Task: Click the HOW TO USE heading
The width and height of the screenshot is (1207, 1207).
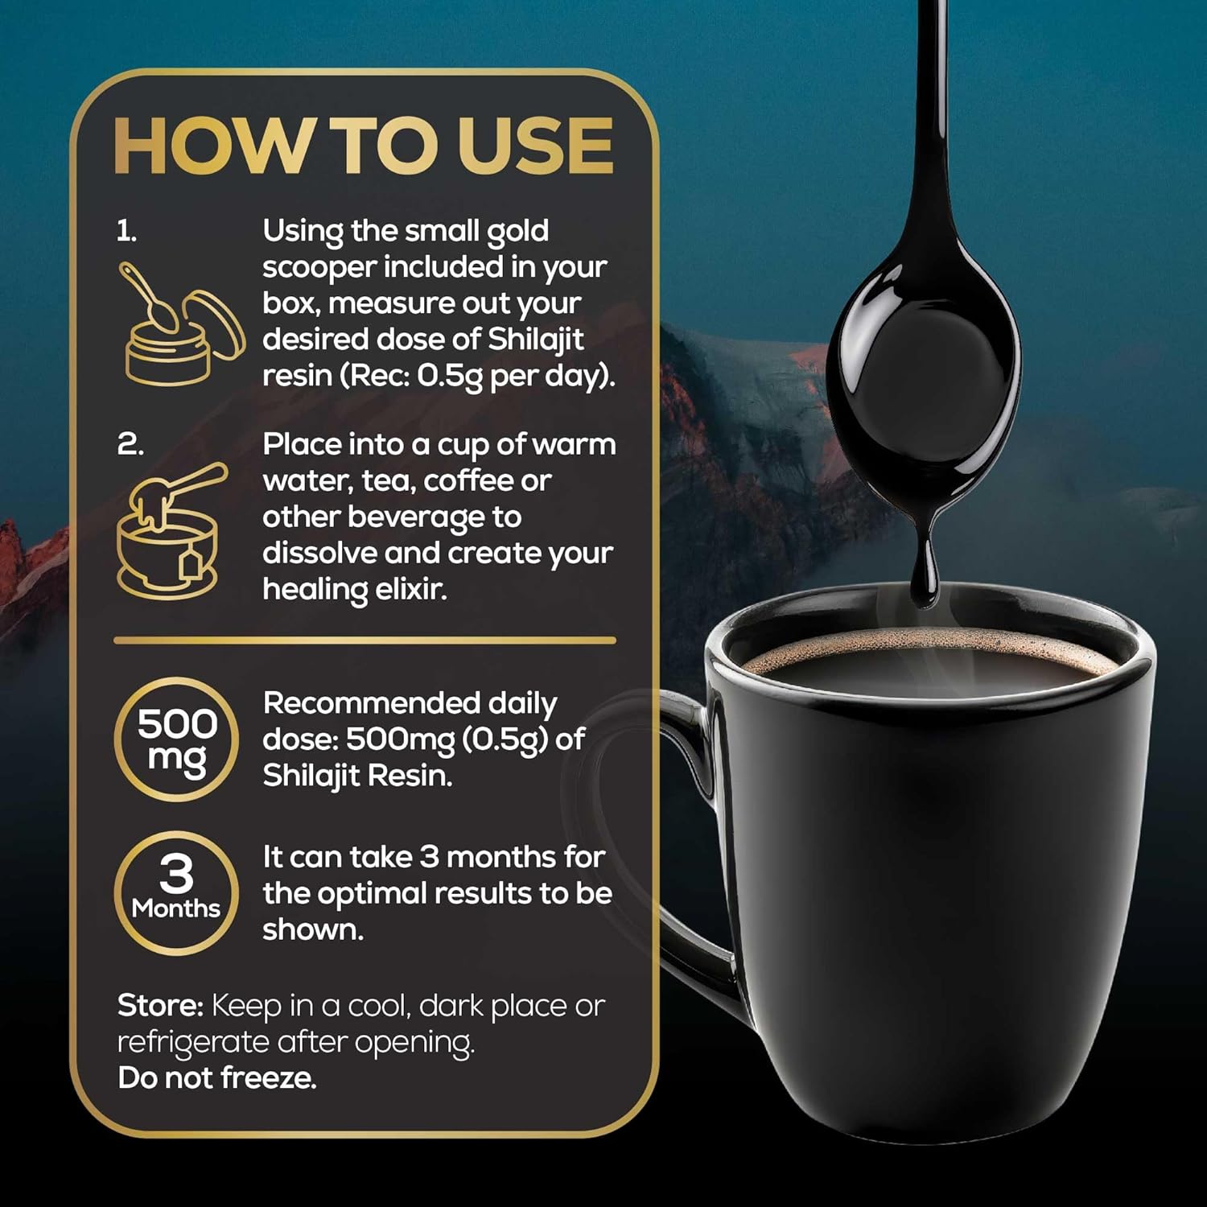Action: click(364, 146)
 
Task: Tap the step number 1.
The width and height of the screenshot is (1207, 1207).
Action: click(126, 232)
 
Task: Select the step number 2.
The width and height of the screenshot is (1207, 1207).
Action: click(130, 444)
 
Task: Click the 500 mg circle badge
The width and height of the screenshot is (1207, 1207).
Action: click(177, 739)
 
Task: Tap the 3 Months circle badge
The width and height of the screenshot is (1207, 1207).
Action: click(177, 892)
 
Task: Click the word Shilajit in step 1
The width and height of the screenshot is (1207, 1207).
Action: click(535, 340)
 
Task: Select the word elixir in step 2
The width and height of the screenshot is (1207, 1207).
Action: click(410, 590)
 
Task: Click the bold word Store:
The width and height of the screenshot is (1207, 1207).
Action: click(160, 1006)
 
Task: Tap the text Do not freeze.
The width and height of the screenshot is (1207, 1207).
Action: click(217, 1078)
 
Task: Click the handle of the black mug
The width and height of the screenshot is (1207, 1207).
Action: click(692, 845)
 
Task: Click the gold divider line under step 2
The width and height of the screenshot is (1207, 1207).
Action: click(364, 641)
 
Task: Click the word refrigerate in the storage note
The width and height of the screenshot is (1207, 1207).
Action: click(193, 1043)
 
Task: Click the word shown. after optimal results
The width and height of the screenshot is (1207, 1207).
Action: click(313, 930)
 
